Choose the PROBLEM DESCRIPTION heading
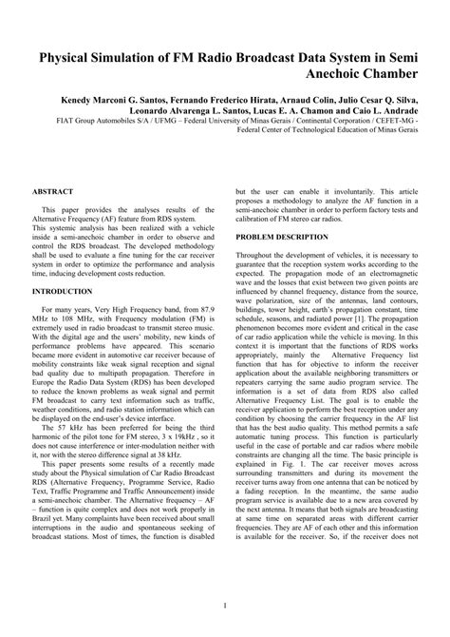point(282,235)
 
